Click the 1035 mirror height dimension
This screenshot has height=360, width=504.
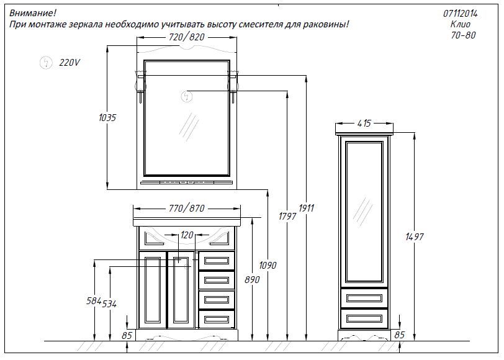tap(107, 118)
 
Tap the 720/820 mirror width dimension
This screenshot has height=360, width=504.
tap(187, 37)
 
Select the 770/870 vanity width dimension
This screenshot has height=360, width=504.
tap(187, 209)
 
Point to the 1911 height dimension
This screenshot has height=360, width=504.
tap(307, 209)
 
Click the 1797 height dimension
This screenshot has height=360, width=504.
tap(287, 217)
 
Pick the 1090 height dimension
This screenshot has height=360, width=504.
tap(268, 266)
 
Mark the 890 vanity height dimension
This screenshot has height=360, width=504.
tap(252, 280)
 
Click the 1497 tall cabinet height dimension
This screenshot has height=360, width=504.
tap(415, 237)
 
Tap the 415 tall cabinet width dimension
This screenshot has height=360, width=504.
tap(364, 123)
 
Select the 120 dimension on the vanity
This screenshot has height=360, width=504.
tap(187, 235)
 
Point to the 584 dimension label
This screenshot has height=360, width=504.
tap(94, 301)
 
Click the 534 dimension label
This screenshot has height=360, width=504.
tap(109, 304)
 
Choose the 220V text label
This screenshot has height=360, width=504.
tap(70, 62)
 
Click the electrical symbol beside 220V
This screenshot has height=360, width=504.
tap(46, 62)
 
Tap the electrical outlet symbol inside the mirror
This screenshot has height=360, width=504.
tap(187, 96)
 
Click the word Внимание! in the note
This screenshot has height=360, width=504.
tap(33, 13)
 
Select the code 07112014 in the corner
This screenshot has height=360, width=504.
tap(461, 14)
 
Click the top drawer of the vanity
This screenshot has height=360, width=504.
tap(217, 261)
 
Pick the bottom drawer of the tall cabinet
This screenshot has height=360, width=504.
tap(364, 318)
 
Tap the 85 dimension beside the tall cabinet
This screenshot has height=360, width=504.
tap(400, 335)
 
